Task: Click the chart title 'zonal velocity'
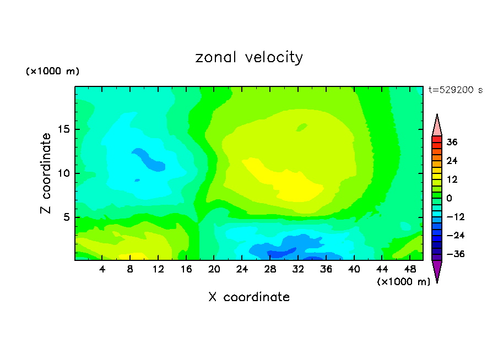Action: [x=249, y=57]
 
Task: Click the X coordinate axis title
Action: [x=249, y=297]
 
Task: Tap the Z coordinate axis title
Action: [x=46, y=173]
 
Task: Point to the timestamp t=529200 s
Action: [x=456, y=90]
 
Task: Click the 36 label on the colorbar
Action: [x=452, y=142]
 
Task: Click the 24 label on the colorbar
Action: [x=452, y=161]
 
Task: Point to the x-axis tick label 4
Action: [x=102, y=270]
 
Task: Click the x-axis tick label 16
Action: [x=186, y=270]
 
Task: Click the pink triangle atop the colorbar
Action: [x=437, y=126]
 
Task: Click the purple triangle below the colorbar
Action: [x=437, y=270]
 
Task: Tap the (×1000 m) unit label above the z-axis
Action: [x=53, y=72]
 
